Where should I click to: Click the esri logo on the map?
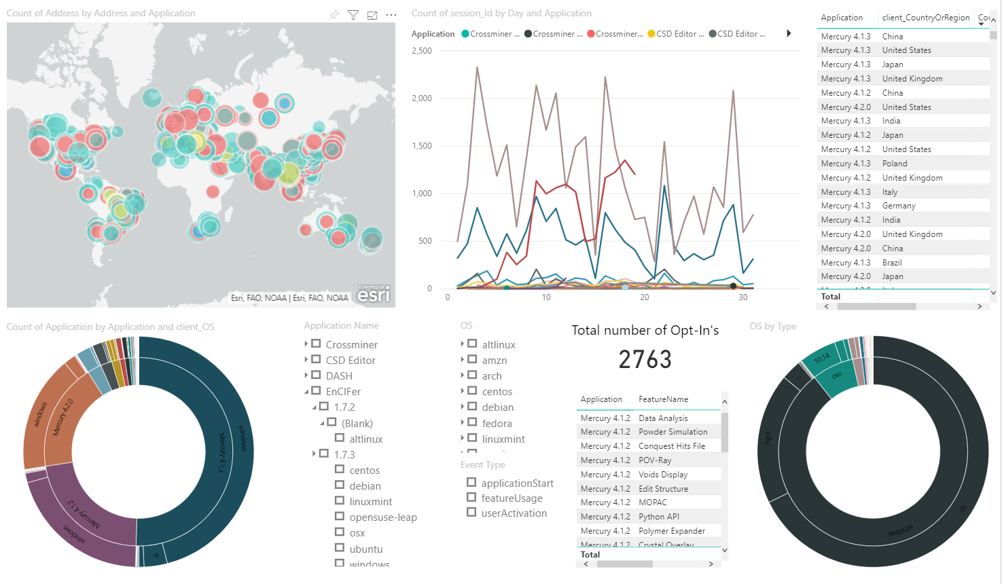tap(374, 294)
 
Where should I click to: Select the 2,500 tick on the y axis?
tap(422, 51)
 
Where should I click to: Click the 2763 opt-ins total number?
tap(645, 359)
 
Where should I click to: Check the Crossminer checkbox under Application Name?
tap(316, 344)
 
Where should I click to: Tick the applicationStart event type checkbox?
tap(471, 482)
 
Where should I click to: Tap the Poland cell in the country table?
tap(895, 164)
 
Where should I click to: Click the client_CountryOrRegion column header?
tap(925, 18)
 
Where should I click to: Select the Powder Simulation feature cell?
tap(673, 432)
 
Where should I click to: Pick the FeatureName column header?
tap(663, 399)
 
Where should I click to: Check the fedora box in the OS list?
tap(472, 422)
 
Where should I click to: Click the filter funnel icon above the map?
tap(353, 15)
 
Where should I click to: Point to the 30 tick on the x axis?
tap(743, 297)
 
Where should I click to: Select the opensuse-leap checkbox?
tap(340, 516)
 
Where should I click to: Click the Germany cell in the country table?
tap(899, 206)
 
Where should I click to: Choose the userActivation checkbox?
tap(471, 512)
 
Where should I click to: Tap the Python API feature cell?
tap(658, 517)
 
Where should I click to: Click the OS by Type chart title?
tap(772, 327)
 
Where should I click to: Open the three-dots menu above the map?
tap(391, 15)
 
